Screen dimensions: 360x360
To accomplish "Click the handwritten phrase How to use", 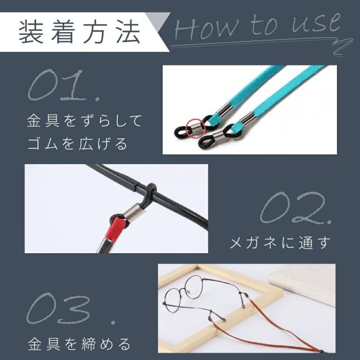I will point(256,26).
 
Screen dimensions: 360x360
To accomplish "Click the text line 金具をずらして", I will point(85,120).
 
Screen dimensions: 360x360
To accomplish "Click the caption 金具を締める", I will point(79,343).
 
